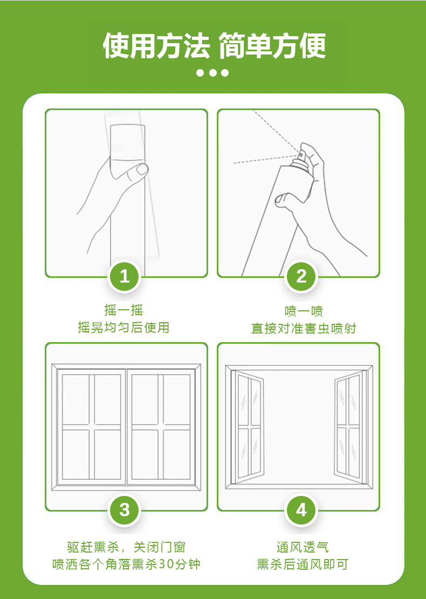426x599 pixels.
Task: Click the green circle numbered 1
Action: (x=125, y=277)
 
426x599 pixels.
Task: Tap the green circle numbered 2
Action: (x=301, y=277)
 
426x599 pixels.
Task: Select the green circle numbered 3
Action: (x=125, y=510)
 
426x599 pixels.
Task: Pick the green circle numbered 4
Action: (x=301, y=510)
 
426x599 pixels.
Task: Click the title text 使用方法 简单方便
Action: (x=214, y=46)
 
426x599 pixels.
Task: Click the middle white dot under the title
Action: (x=213, y=73)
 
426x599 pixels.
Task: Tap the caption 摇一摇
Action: (x=123, y=310)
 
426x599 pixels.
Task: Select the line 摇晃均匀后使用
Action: (x=123, y=328)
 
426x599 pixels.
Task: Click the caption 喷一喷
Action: (x=304, y=311)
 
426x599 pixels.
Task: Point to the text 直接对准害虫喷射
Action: (x=304, y=329)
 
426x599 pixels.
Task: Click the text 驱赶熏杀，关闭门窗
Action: (x=126, y=547)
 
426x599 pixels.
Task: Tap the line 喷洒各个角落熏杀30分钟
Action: (x=126, y=564)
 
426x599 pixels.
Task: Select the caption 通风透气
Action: (x=303, y=547)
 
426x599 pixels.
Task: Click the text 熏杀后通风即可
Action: (x=303, y=564)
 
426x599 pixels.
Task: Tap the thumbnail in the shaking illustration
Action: (x=143, y=169)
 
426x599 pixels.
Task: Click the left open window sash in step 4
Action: (x=250, y=425)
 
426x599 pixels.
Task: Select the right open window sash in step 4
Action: (x=348, y=425)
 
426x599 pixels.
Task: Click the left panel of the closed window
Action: (x=91, y=427)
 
